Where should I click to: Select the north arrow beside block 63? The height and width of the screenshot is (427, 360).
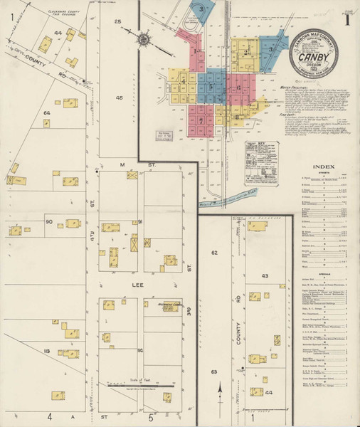point(221,389)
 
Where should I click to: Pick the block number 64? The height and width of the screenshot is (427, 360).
point(47,113)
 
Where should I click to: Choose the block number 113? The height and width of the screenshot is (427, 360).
point(46,351)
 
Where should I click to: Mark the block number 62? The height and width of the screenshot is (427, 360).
point(214,253)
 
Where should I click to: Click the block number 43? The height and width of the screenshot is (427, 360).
point(265,275)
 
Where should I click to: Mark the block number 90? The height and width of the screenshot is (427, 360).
point(50,222)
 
